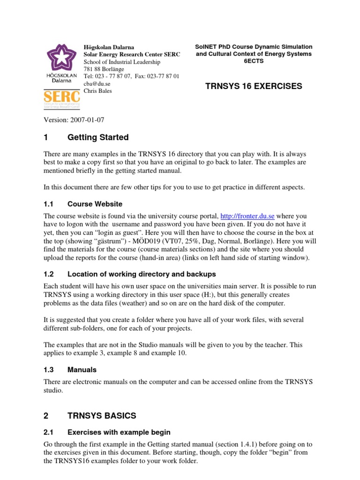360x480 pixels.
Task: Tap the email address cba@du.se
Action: point(94,83)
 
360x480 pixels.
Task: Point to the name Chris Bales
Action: point(97,91)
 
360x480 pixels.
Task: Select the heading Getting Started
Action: point(98,137)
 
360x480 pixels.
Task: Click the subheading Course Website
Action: point(95,204)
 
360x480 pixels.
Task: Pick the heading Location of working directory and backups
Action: point(142,274)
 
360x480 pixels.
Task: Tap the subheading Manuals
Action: point(82,370)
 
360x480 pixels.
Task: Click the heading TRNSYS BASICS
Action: point(102,415)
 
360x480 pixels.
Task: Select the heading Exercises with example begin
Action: point(119,432)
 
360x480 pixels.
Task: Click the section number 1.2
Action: point(49,274)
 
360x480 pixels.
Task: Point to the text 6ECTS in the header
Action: point(254,61)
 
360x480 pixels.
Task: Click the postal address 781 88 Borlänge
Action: point(107,69)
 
